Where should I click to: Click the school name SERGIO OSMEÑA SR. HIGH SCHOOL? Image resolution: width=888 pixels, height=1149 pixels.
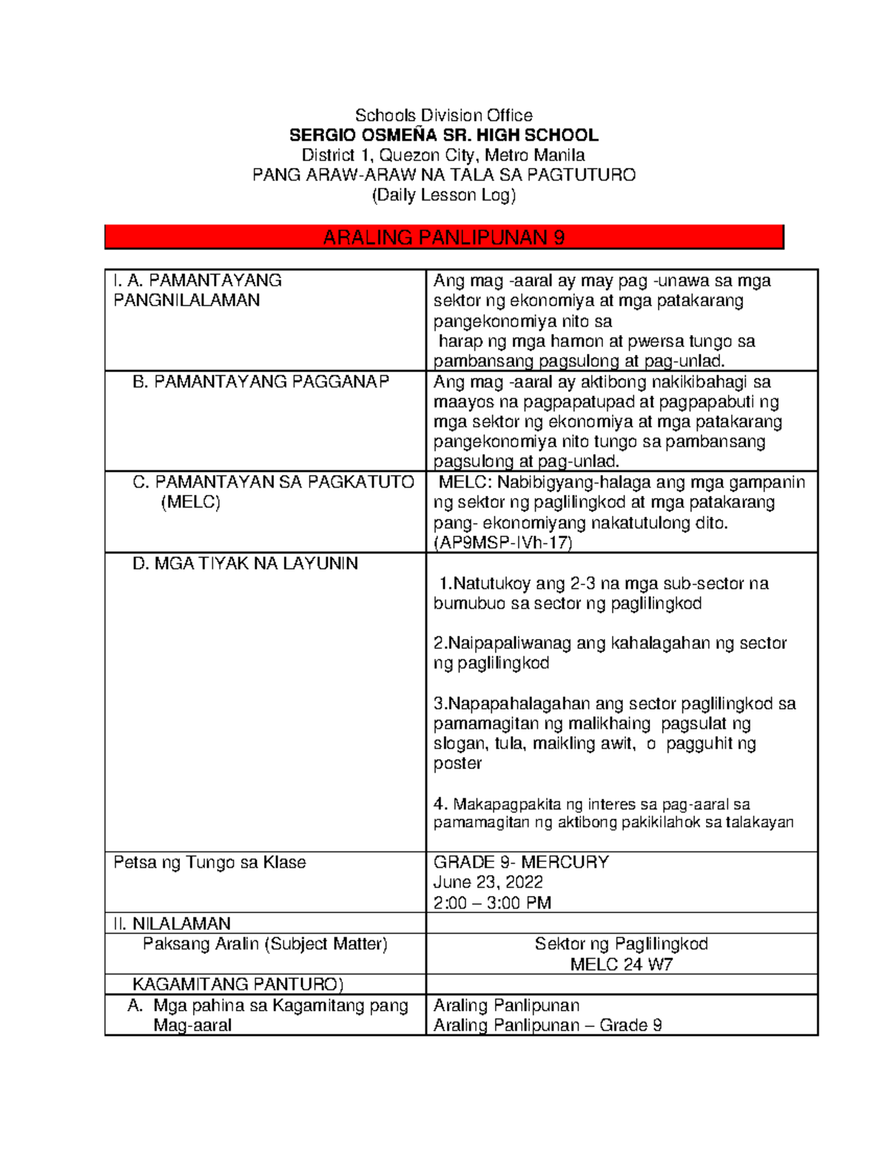(x=443, y=135)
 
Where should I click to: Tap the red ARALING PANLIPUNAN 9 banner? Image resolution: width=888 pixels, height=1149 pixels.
(x=443, y=237)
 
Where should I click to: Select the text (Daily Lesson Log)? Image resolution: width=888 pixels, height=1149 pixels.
(x=443, y=195)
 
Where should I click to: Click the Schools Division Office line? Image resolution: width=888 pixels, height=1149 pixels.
(x=443, y=115)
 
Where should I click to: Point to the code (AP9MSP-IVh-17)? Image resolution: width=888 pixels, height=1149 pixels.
(x=502, y=542)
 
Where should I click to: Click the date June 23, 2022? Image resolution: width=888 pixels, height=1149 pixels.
(x=488, y=882)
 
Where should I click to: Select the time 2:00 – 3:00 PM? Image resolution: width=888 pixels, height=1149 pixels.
(x=492, y=903)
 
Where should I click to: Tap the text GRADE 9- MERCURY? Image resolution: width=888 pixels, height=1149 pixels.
(x=521, y=862)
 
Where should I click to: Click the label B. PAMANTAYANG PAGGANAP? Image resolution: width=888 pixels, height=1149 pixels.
(x=260, y=382)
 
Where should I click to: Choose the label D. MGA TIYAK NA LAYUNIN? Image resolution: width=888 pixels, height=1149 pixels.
(x=245, y=564)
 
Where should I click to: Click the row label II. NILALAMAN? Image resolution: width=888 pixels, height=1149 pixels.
(x=172, y=923)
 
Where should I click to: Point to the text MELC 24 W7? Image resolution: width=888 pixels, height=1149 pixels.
(x=621, y=964)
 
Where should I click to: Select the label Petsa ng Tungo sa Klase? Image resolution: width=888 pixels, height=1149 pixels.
(x=209, y=863)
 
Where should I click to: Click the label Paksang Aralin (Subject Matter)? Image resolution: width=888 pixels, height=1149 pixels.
(x=265, y=944)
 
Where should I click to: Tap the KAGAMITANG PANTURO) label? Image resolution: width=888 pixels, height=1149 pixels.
(x=238, y=984)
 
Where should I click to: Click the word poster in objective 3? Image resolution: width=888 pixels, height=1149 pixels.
(x=457, y=764)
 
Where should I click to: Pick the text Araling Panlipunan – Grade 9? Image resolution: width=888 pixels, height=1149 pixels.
(x=547, y=1025)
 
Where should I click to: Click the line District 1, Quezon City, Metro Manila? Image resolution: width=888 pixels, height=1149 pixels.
(x=443, y=155)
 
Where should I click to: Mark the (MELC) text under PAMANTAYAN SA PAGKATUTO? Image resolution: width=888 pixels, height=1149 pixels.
(x=191, y=502)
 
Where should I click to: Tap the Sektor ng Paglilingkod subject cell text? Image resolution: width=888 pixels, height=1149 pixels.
(x=621, y=944)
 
